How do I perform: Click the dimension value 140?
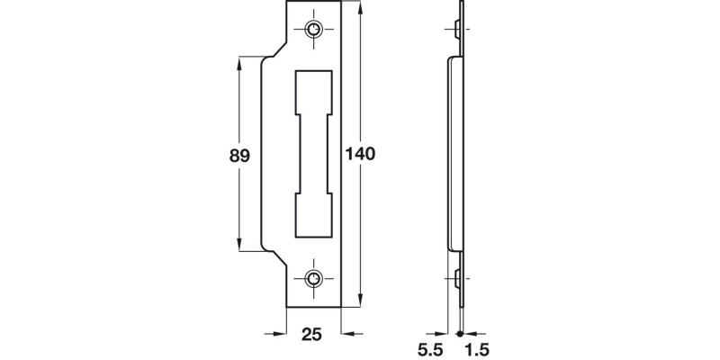(x=359, y=154)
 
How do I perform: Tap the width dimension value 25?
(x=312, y=336)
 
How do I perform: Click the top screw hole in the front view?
(x=313, y=29)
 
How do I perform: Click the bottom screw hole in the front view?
(x=313, y=277)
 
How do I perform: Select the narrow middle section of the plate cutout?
(x=313, y=154)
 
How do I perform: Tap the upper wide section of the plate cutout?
(x=313, y=90)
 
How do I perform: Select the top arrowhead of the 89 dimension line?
(x=240, y=62)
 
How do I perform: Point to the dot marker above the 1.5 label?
(x=461, y=335)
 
